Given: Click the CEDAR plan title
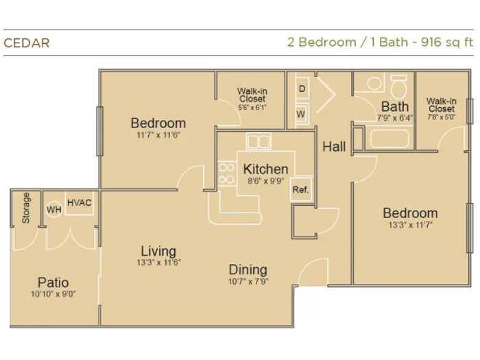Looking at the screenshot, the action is click(27, 43).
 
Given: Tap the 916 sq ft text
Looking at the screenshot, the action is click(447, 42).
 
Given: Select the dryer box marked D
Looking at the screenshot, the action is click(302, 88).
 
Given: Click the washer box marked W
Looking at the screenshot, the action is click(301, 114).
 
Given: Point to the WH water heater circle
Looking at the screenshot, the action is click(54, 209).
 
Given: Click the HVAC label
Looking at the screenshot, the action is click(80, 203).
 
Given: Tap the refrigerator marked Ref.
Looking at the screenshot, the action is click(300, 189).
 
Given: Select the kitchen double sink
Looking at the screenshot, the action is click(259, 141).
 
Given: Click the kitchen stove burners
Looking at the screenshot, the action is click(226, 173).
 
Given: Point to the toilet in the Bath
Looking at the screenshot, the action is click(399, 86).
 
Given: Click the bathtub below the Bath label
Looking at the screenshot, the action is click(389, 139).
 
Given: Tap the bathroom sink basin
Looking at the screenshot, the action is click(374, 83).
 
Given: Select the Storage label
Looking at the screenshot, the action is click(26, 208).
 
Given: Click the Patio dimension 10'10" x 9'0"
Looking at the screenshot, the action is click(53, 294).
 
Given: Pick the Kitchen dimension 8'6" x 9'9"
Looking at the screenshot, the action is click(266, 181).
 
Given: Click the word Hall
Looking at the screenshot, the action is click(334, 147).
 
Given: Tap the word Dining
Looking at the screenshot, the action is click(248, 269).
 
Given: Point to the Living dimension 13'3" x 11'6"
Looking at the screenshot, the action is click(158, 263).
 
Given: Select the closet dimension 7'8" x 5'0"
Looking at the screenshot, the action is click(442, 117).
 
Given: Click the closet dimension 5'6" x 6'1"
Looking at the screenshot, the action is click(252, 107).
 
